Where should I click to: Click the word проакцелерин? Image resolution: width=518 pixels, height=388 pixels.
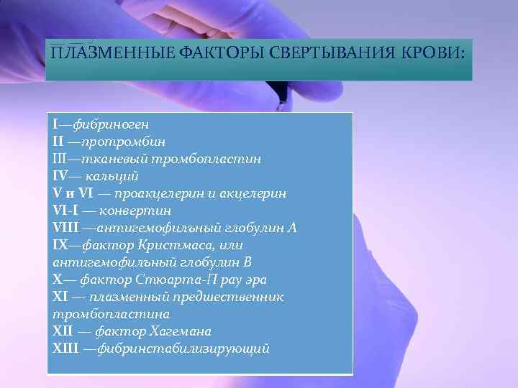[153, 193]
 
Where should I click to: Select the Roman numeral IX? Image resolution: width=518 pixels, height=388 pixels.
[60, 245]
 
